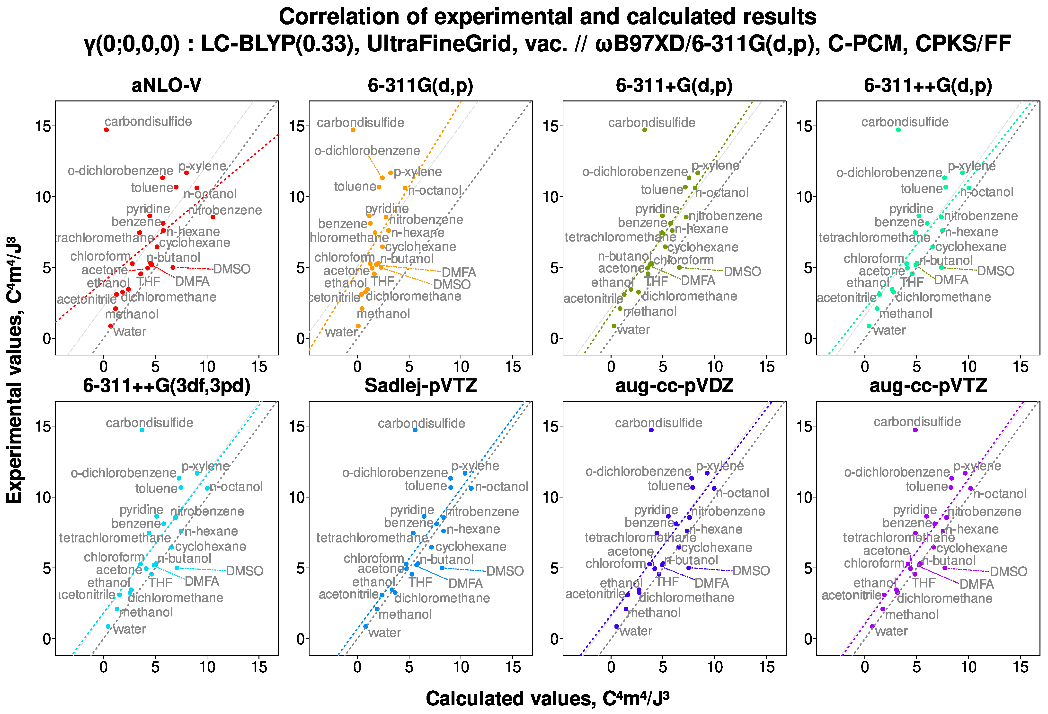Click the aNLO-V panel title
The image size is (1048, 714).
(x=166, y=85)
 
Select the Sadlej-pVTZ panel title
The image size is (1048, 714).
(x=420, y=386)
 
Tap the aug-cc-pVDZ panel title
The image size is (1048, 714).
(x=674, y=386)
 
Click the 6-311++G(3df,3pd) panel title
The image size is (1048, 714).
(x=166, y=386)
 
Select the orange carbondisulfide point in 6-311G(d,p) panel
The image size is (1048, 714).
(x=353, y=130)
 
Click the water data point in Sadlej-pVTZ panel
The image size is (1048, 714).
(x=366, y=626)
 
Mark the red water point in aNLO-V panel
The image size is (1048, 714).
(x=110, y=326)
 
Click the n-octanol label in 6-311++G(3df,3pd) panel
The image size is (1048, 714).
(x=236, y=487)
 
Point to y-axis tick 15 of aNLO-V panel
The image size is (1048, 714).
(x=43, y=126)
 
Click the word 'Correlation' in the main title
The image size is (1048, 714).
(x=338, y=17)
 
